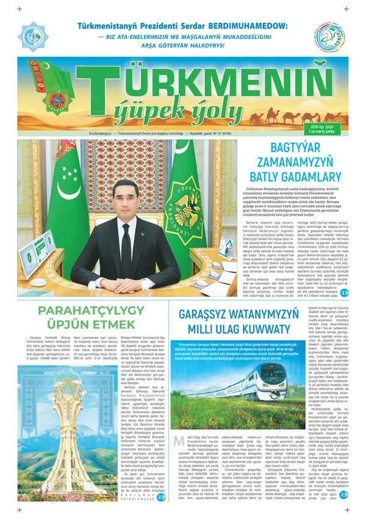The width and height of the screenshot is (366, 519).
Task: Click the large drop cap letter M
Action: pyautogui.click(x=179, y=443)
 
